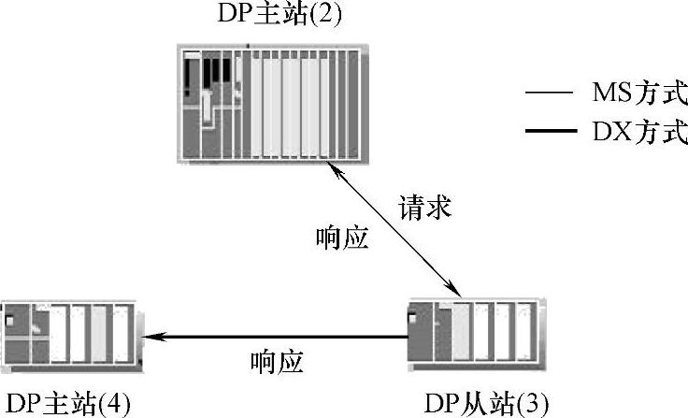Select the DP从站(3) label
[x=480, y=402]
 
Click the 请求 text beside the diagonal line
[x=425, y=207]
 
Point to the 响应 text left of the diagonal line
[x=343, y=238]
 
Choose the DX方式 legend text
[x=638, y=133]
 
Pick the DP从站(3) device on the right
[x=473, y=335]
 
